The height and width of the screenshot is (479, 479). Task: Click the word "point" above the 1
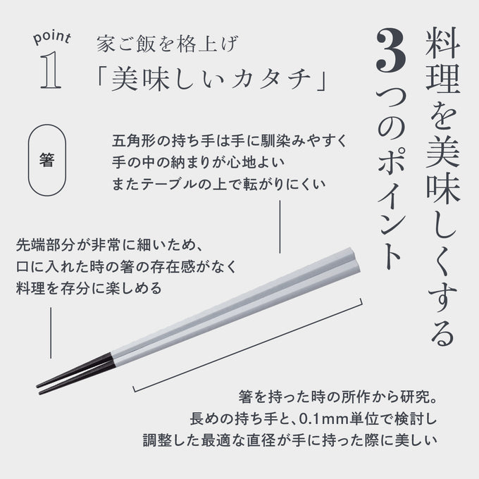52,37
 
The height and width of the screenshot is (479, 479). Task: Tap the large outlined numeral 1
51,70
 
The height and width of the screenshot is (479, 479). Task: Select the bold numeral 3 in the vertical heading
392,51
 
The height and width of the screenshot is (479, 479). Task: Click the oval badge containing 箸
47,160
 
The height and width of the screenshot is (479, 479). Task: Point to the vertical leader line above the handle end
280,227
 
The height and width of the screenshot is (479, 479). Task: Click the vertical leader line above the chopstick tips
51,332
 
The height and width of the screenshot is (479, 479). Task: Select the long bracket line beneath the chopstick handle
248,345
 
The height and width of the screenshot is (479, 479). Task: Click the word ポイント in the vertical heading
391,209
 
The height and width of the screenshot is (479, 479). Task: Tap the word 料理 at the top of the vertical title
442,60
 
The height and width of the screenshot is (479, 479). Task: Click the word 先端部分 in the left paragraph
46,245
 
